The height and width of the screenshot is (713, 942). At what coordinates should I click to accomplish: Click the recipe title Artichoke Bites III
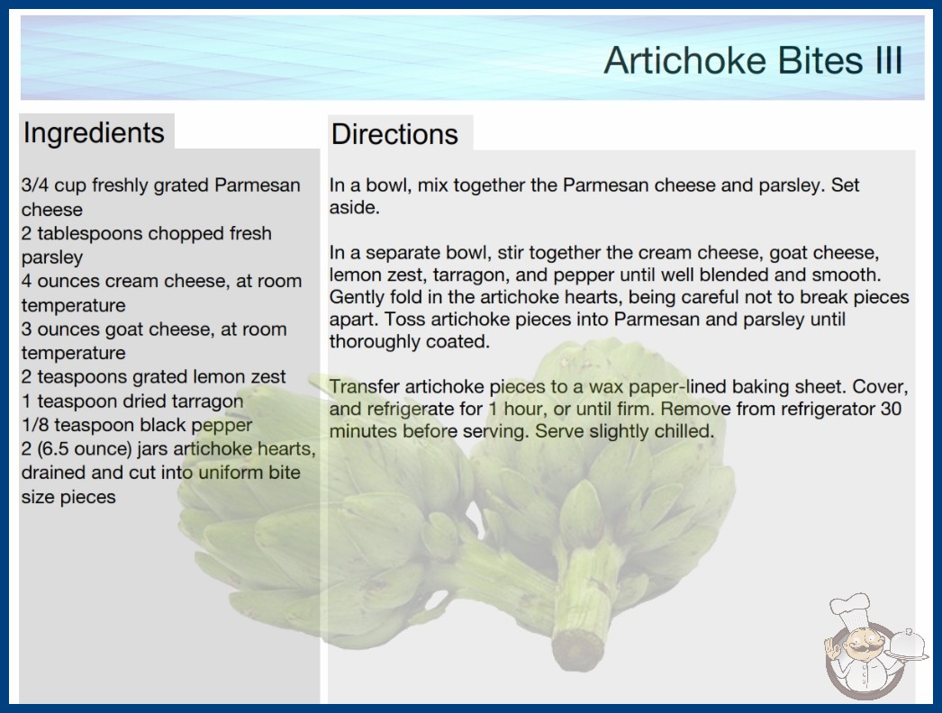[754, 60]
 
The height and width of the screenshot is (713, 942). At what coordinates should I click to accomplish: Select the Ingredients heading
[94, 132]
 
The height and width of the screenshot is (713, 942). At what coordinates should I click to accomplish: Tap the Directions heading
[394, 134]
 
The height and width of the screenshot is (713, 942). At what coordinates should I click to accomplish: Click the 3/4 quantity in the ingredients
[35, 185]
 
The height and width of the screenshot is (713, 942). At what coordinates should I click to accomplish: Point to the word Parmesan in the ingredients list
[258, 185]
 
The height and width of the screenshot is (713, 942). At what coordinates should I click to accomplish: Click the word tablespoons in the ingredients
[90, 234]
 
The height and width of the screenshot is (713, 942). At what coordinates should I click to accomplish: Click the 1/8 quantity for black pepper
[35, 425]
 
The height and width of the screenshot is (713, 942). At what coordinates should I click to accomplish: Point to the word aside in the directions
[355, 208]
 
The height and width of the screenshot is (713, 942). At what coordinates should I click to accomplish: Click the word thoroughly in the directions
[375, 342]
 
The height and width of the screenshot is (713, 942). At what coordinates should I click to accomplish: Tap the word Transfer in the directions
[365, 387]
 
